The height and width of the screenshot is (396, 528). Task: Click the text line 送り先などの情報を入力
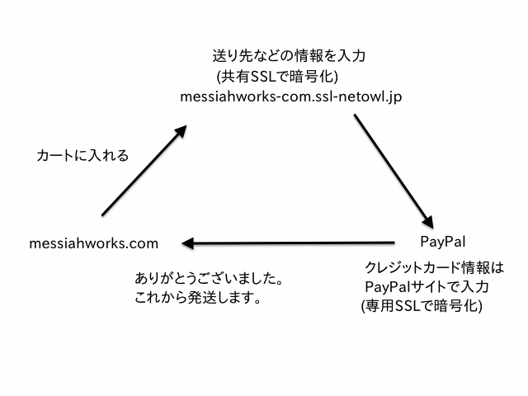pos(289,57)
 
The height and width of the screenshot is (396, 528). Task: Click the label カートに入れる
pos(83,154)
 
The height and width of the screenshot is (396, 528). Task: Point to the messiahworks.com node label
pos(93,243)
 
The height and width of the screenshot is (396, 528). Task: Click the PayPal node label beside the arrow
pos(443,242)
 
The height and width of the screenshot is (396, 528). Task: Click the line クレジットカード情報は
pos(433,268)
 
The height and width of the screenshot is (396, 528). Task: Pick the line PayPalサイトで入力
pos(427,287)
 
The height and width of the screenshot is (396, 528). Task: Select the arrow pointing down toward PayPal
pos(392,169)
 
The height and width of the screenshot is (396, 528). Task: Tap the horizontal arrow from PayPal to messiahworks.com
pos(289,243)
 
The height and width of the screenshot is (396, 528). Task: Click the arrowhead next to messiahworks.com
pos(189,243)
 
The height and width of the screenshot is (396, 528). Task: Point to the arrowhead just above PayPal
pos(428,221)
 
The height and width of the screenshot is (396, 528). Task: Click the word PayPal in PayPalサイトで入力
pos(383,287)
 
